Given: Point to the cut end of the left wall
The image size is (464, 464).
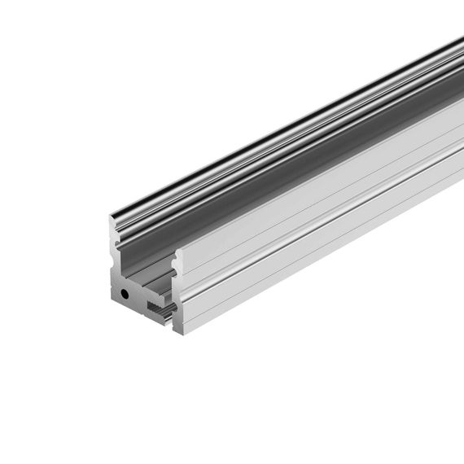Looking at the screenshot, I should (x=113, y=244).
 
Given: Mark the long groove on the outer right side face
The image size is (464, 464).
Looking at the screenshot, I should (x=326, y=220).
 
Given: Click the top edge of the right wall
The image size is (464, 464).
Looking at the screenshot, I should (x=326, y=163).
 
